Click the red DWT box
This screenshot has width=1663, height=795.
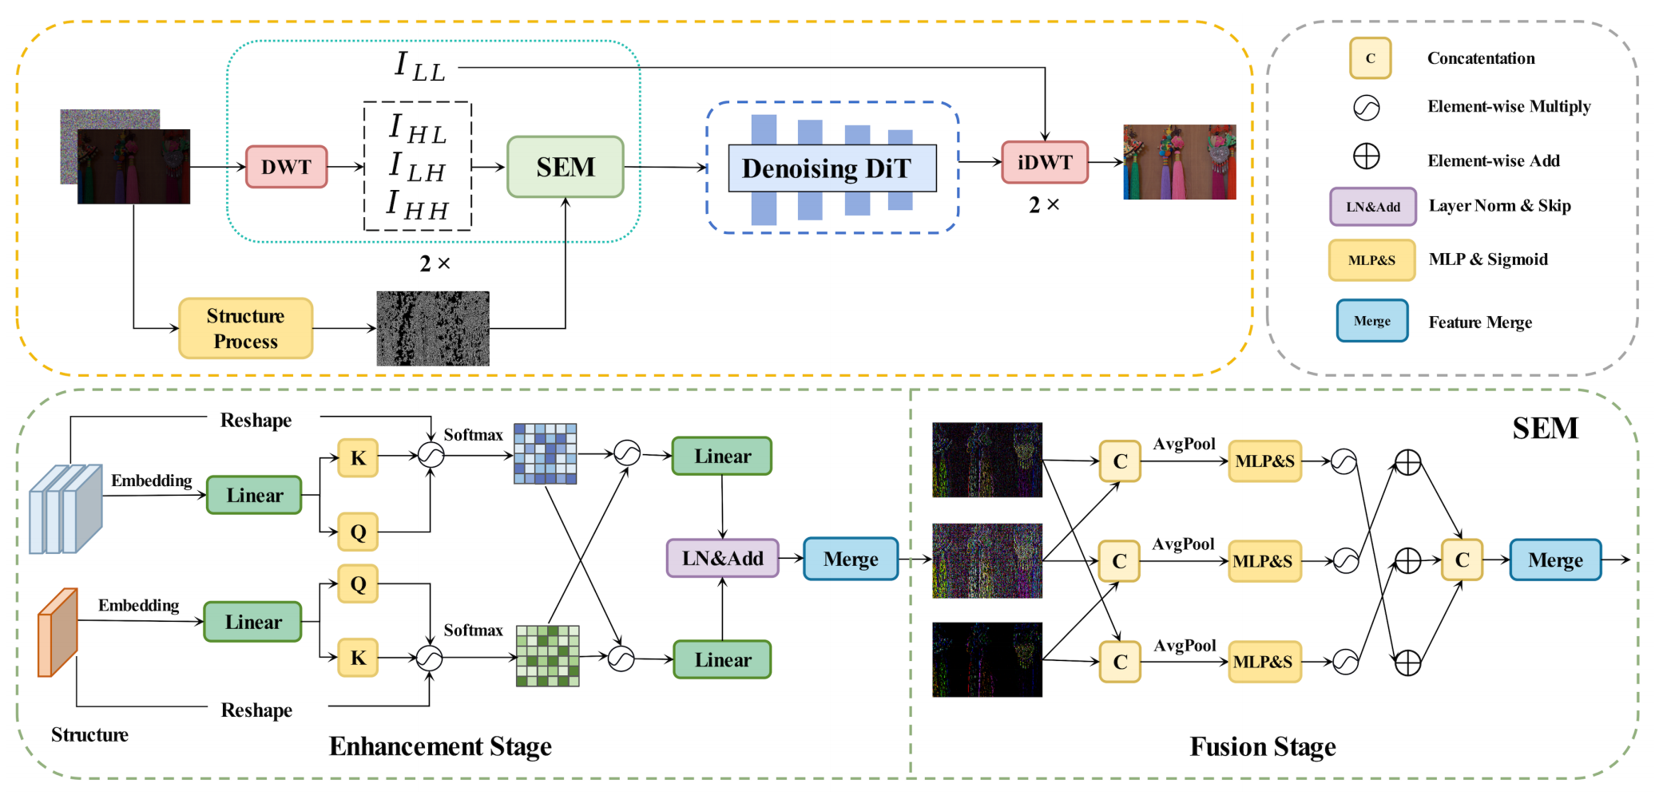[286, 167]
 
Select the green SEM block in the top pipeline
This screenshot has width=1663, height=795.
[566, 167]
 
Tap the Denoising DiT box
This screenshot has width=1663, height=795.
[831, 168]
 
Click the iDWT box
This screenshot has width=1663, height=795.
[1045, 162]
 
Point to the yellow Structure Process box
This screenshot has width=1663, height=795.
[245, 328]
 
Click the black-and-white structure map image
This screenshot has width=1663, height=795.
[433, 328]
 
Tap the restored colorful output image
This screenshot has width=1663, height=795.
[1179, 162]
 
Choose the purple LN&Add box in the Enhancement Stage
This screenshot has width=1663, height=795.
[722, 558]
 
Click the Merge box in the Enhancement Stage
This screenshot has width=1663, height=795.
[851, 559]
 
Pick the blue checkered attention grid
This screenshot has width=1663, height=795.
[546, 454]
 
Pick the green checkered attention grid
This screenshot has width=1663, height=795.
[548, 656]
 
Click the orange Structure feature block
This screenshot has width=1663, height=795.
[58, 632]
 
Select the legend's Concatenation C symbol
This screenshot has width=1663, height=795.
[1370, 58]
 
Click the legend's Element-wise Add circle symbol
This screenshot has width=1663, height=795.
[1367, 156]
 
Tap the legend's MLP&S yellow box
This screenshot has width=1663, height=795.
[1371, 260]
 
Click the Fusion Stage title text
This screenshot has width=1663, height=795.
[1262, 747]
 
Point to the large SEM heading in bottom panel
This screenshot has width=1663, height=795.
[1545, 429]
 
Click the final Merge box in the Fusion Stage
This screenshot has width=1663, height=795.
[1555, 560]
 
